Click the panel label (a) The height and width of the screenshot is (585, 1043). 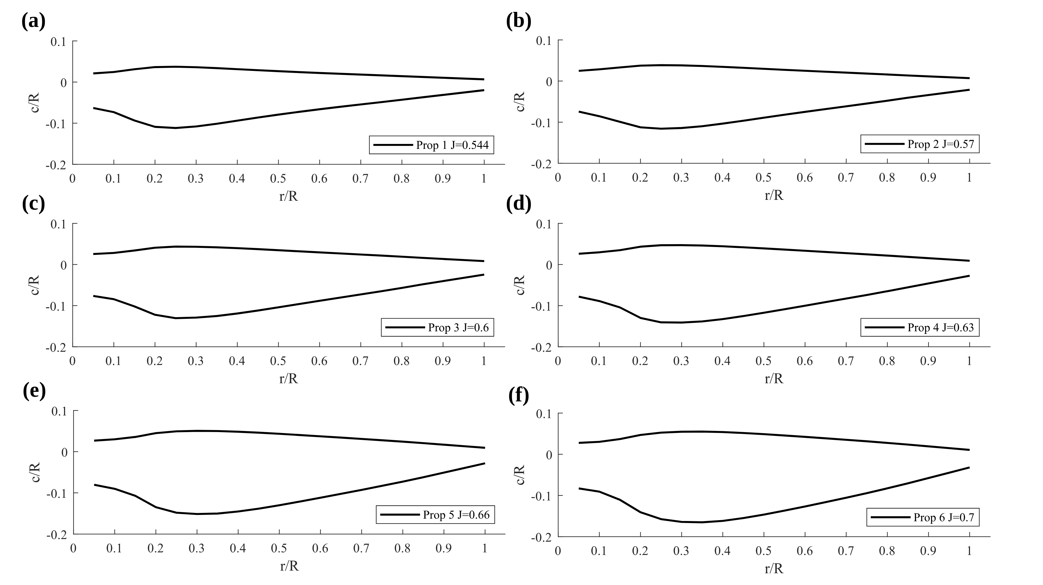coord(33,21)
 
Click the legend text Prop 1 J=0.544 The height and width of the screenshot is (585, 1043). coord(452,145)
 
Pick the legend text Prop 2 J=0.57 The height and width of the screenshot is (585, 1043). coord(940,144)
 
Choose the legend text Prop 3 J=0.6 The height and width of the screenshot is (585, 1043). coord(458,328)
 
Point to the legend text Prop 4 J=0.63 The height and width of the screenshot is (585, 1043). coord(940,328)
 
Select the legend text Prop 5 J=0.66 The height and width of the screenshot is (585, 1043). coord(456,515)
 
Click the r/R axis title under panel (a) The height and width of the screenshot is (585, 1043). coord(288,196)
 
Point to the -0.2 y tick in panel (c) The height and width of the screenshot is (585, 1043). coord(56,347)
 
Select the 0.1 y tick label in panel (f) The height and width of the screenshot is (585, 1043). coord(543,414)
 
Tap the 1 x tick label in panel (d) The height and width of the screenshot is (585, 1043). coord(969,361)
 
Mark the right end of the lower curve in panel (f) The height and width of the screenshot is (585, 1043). coord(969,468)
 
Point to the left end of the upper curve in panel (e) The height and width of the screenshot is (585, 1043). coord(94,440)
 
